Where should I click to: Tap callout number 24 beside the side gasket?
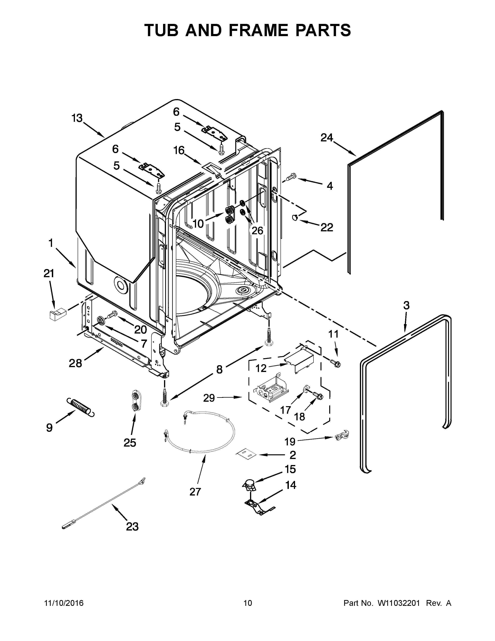[x=327, y=137]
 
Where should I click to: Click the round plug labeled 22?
[x=295, y=217]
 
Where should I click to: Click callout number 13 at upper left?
[x=77, y=118]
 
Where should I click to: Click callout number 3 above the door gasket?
[x=406, y=306]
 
